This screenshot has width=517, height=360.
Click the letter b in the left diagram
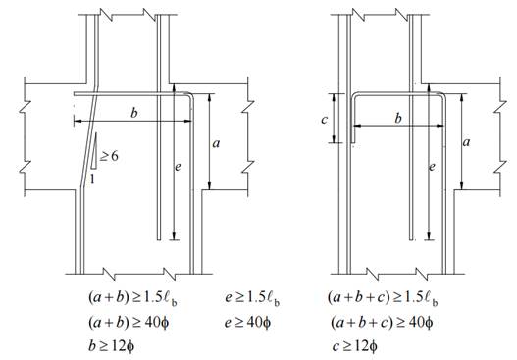click(x=133, y=113)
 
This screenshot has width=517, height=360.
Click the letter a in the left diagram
click(x=216, y=143)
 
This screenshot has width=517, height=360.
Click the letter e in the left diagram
click(x=178, y=167)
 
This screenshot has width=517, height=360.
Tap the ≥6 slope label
click(x=109, y=156)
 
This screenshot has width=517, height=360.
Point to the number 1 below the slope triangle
click(x=92, y=179)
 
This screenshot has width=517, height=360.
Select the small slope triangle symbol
click(x=94, y=151)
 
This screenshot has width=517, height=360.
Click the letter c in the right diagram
click(x=325, y=120)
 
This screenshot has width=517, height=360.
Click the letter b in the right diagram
click(x=398, y=118)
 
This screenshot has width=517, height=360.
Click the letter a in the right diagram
click(x=466, y=142)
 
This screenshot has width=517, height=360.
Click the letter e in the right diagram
click(x=432, y=168)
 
